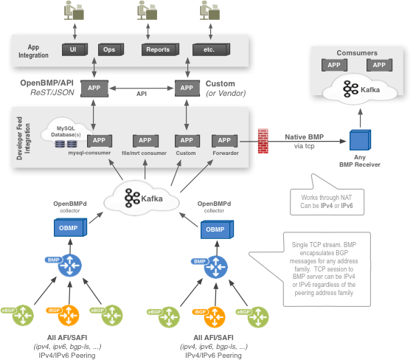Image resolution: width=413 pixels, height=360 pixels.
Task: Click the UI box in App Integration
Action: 74,49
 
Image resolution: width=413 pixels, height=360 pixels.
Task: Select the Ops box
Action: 110,49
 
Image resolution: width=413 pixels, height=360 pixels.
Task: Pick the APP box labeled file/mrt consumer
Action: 145,140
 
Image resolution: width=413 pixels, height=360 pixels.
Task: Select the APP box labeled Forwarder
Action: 222,140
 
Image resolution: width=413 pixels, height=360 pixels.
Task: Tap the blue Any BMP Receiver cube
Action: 360,140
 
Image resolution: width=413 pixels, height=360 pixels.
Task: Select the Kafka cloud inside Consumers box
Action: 358,89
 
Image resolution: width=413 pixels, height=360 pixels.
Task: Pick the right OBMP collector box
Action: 213,229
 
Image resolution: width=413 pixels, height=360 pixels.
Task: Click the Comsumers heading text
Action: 357,53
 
